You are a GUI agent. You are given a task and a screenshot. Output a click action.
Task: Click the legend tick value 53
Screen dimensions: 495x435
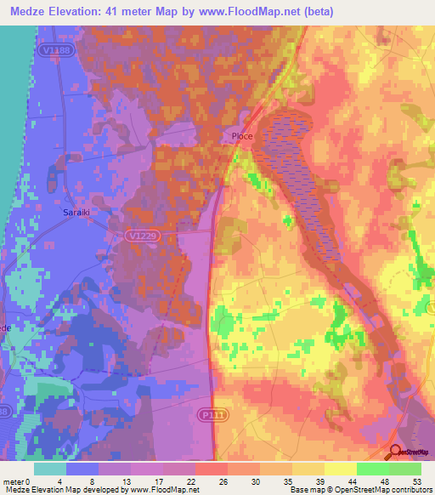pos(415,481)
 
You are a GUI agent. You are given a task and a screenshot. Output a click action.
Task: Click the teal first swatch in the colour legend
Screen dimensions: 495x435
pos(50,469)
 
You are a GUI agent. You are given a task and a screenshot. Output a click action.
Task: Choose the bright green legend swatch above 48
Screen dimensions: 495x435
pos(373,469)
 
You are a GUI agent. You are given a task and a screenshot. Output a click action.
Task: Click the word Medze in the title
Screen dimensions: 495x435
pos(28,12)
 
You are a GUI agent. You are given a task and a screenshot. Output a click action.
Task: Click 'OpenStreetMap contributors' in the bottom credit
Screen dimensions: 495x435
pos(387,490)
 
